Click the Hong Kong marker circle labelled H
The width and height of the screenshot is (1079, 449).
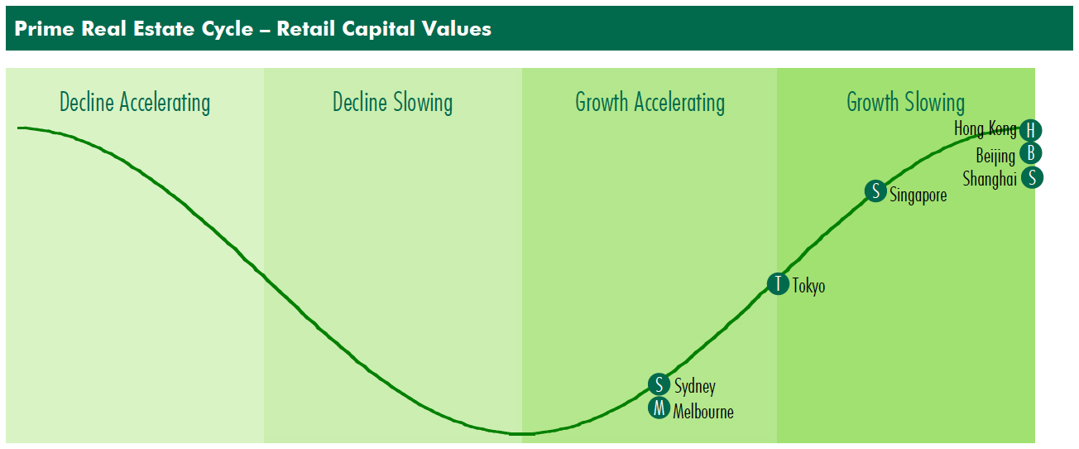(x=1031, y=130)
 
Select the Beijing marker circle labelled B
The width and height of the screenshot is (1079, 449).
(x=1031, y=153)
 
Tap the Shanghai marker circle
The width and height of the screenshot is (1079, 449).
(x=1032, y=178)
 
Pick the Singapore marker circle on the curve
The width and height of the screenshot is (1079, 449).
(x=875, y=191)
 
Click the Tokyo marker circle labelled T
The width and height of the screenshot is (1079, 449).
(x=778, y=283)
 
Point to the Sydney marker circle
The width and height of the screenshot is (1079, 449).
(x=659, y=384)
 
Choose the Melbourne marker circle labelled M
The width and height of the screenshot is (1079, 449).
(x=659, y=408)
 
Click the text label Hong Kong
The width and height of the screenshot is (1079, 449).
(x=985, y=129)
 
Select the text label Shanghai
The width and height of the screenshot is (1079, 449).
(x=990, y=179)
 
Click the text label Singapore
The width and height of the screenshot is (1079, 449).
(x=918, y=196)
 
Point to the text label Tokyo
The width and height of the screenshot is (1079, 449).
(x=808, y=286)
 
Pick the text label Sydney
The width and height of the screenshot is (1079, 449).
(x=694, y=386)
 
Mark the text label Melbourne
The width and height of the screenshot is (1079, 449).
(x=703, y=412)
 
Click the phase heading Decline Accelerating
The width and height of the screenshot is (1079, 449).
(x=135, y=103)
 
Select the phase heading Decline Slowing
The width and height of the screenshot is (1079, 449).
(x=392, y=103)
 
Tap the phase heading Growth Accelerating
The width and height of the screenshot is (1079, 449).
(x=650, y=103)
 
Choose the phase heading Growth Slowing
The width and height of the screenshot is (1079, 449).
(x=905, y=103)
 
